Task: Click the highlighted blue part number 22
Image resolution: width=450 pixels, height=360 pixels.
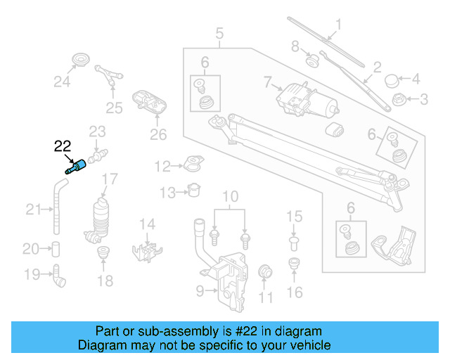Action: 77,166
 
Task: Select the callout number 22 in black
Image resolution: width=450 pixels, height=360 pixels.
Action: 63,146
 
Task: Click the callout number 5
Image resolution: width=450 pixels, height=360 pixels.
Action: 219,32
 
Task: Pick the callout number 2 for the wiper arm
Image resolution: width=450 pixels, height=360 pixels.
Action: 377,68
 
